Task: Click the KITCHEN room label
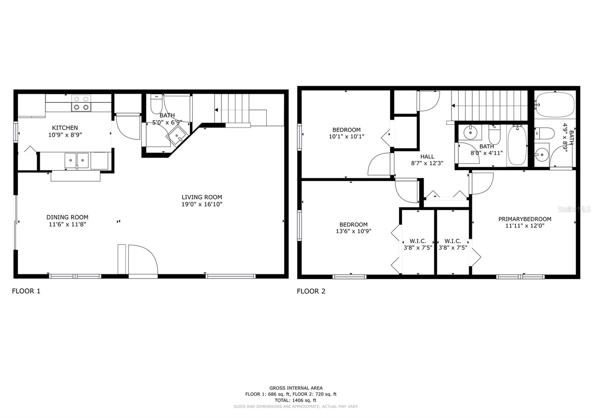(65, 128)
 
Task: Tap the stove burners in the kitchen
(81, 103)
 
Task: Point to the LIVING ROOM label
(202, 197)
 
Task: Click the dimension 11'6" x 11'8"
(67, 224)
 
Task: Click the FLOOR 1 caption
(26, 291)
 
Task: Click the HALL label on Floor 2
(427, 156)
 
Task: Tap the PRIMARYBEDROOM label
(524, 219)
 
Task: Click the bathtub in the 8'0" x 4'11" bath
(517, 145)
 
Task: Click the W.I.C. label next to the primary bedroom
(453, 241)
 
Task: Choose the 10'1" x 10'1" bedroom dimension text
(346, 136)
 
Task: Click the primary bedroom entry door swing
(481, 183)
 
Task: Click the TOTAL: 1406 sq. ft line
(295, 400)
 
